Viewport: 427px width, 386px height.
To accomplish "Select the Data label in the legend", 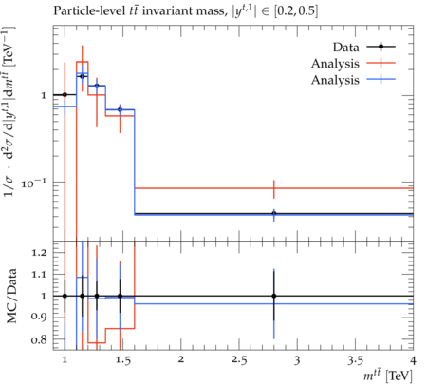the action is tap(345, 48).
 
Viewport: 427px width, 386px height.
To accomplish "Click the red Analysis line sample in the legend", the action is tap(381, 63).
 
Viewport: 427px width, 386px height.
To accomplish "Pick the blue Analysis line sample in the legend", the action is tap(381, 80).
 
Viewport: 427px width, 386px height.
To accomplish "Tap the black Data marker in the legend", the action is tap(381, 47).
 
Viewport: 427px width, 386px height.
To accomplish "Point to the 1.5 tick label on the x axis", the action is tap(122, 360).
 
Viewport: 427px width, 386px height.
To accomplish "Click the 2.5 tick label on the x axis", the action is tap(238, 360).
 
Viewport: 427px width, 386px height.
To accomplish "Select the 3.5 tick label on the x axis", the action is tap(355, 360).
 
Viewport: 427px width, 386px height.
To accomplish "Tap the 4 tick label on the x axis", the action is tap(413, 360).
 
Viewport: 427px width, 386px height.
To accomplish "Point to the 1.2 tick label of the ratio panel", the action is tap(39, 253).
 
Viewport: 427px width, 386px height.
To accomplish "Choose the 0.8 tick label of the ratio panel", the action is tap(39, 340).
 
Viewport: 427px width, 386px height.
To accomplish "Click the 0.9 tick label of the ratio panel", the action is tap(39, 317).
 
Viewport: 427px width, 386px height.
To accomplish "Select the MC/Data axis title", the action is tap(12, 296).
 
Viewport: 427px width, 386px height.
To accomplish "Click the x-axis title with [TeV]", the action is tap(388, 376).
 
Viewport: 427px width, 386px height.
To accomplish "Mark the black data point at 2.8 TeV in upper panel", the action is tap(274, 213).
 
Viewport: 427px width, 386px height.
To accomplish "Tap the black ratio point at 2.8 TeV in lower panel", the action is tap(274, 296).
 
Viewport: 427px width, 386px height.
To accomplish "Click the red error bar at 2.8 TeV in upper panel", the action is tap(274, 189).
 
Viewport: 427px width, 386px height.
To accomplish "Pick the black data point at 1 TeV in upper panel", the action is tap(65, 94).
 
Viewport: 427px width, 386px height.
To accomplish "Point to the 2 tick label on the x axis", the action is tap(180, 360).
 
